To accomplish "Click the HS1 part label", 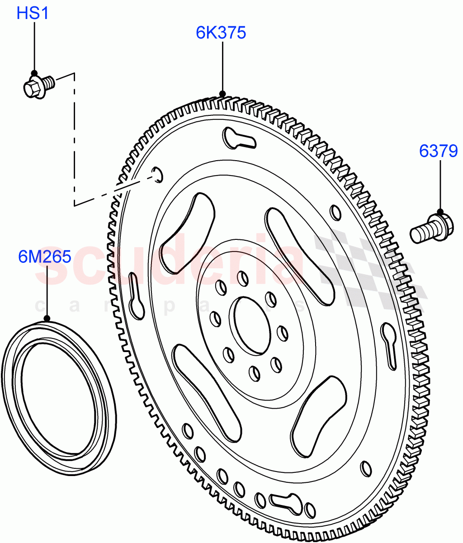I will [33, 13].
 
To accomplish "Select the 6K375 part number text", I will [221, 33].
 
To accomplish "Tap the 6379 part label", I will [438, 151].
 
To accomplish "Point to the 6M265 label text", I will [45, 257].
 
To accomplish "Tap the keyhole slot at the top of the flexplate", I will [238, 139].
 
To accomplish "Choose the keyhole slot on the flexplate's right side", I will [390, 344].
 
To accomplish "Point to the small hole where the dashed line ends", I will [157, 174].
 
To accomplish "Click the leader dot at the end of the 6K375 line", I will [222, 94].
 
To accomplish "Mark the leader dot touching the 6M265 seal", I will [47, 319].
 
